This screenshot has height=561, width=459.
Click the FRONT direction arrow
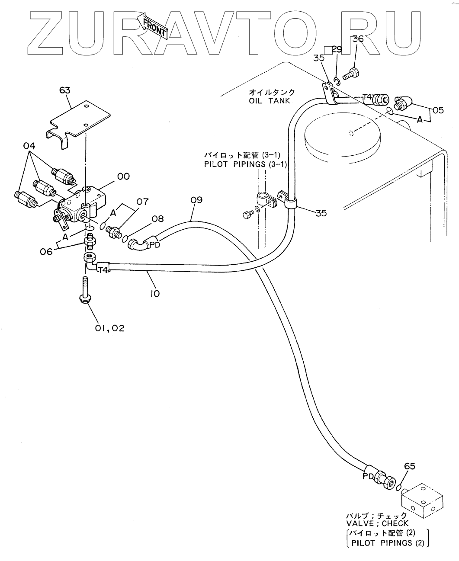tap(153, 26)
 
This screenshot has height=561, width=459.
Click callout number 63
tap(65, 90)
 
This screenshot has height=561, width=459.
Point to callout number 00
tap(124, 176)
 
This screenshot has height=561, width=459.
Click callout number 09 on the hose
tap(196, 200)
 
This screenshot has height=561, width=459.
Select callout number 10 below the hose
tap(154, 293)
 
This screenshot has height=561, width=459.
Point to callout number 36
tap(358, 39)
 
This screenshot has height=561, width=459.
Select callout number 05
tap(438, 110)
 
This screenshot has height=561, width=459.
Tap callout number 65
tap(410, 466)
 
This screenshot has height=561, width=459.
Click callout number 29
tap(337, 49)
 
